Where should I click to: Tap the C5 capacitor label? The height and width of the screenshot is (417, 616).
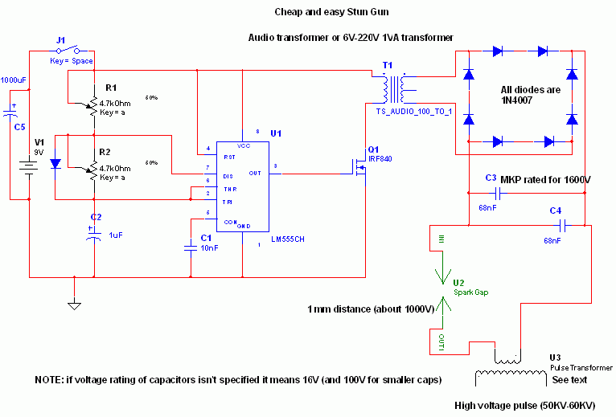[x=19, y=126]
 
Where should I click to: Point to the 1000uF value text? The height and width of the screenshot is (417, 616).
[x=14, y=80]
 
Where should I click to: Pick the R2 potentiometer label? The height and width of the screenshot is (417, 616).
[x=105, y=152]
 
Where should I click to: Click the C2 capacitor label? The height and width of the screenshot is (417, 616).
[x=96, y=217]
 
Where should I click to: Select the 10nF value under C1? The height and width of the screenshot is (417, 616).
[x=210, y=248]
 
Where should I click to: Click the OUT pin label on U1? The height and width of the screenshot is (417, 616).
[x=255, y=172]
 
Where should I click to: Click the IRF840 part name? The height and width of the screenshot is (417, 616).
[x=380, y=159]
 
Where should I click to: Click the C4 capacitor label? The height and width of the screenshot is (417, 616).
[x=555, y=211]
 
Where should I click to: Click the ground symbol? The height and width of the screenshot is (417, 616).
[x=74, y=304]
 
